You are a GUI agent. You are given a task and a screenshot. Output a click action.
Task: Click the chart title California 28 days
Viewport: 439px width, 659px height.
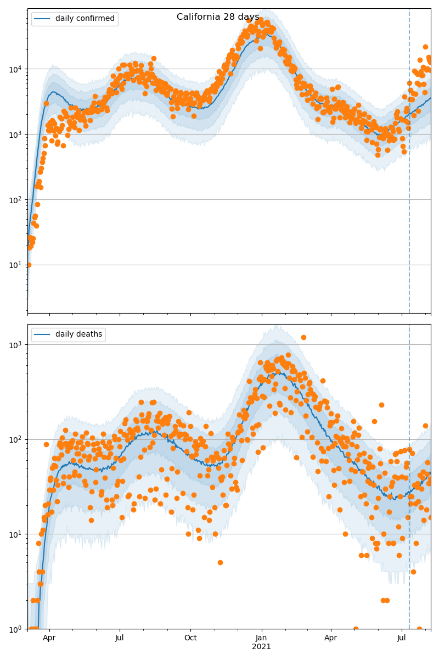point(218,17)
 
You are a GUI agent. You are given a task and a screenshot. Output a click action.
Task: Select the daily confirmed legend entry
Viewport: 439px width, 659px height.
point(75,19)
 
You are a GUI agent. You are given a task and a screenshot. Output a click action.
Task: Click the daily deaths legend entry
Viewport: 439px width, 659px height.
point(69,334)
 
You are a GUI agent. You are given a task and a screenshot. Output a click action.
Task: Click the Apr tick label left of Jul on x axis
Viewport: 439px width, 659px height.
point(49,638)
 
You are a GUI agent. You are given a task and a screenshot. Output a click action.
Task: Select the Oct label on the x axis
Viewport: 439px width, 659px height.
point(190,638)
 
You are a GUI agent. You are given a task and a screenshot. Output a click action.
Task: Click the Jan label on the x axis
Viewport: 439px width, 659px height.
point(261,638)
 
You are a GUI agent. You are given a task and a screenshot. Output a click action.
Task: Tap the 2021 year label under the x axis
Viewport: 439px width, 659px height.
point(261,646)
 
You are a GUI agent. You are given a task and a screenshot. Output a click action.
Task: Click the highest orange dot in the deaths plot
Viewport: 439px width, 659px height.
point(303,337)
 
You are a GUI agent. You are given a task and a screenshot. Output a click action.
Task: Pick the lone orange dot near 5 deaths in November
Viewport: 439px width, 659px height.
point(220,562)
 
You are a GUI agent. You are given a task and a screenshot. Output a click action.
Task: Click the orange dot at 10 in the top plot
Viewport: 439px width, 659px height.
point(29,265)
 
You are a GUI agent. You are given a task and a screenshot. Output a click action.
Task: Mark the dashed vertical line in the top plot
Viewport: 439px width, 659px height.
point(409,165)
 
